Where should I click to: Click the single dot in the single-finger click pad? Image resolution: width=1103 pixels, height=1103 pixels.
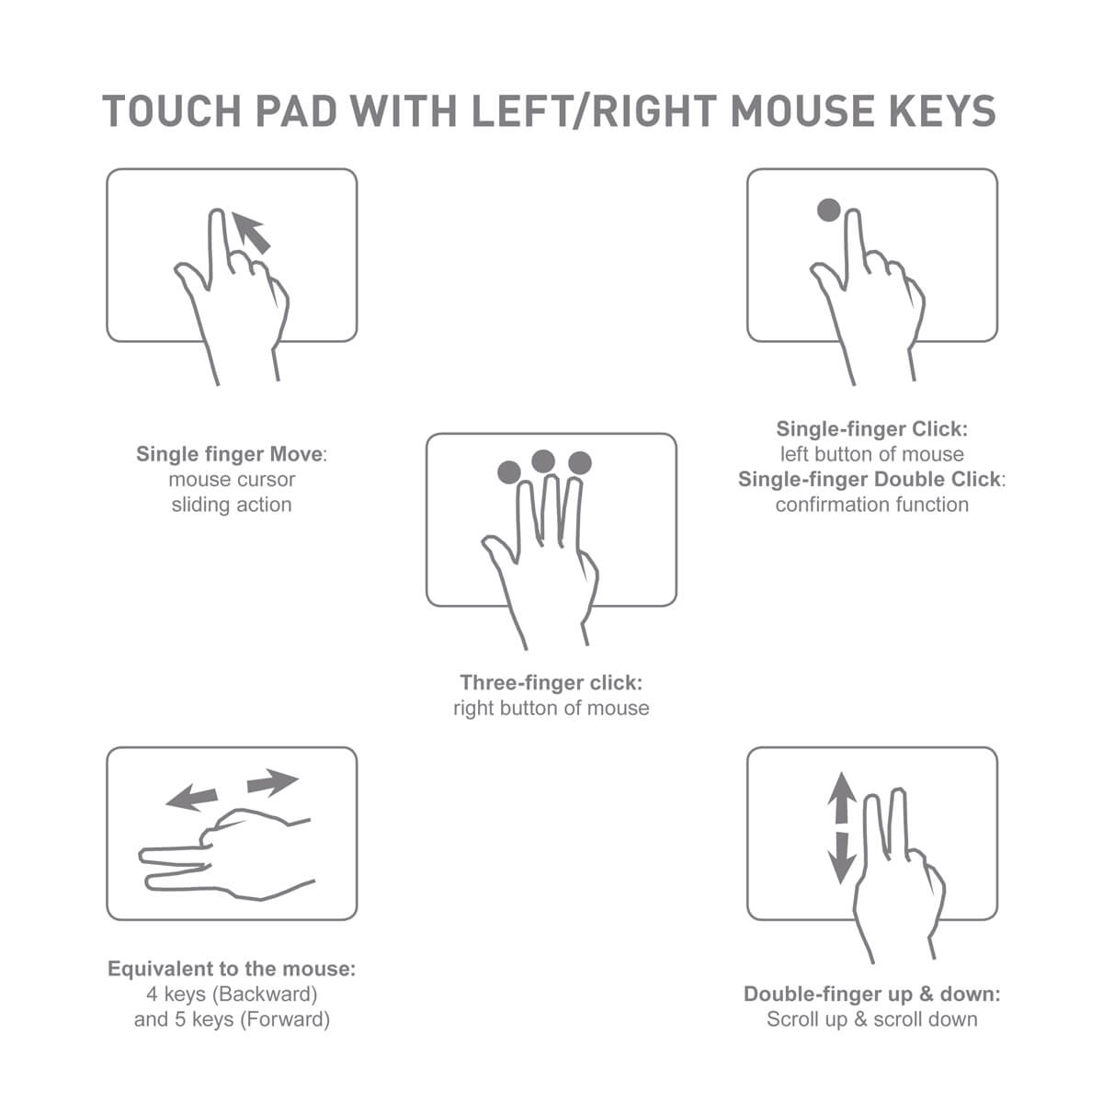(x=828, y=210)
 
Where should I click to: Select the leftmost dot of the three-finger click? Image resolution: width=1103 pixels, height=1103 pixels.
(x=509, y=472)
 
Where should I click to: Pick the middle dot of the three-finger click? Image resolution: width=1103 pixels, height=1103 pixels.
(x=543, y=461)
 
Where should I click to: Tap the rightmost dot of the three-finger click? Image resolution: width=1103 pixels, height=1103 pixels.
(x=579, y=462)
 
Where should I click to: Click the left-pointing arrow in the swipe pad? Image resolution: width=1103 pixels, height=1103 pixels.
(x=191, y=797)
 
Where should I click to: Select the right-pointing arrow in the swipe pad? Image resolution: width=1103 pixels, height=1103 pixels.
(x=273, y=784)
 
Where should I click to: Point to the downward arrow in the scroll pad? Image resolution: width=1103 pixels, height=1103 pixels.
(x=841, y=859)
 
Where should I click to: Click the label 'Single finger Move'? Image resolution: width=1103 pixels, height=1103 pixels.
(x=230, y=454)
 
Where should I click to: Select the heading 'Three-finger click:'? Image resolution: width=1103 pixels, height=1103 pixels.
(x=551, y=683)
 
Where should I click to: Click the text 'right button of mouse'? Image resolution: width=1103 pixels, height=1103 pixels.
(x=551, y=709)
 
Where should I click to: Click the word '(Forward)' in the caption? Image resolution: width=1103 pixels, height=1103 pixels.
(x=284, y=1019)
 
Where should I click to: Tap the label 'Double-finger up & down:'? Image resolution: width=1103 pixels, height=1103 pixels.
(x=871, y=995)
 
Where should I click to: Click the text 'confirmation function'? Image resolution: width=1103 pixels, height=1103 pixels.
(x=871, y=505)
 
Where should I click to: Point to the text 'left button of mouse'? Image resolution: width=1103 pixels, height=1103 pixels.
(x=871, y=454)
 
